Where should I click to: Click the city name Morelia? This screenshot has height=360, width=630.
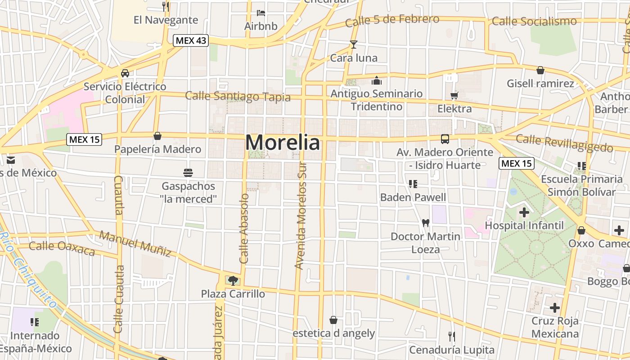pyautogui.click(x=283, y=143)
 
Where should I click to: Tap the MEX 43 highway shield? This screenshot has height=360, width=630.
pyautogui.click(x=191, y=40)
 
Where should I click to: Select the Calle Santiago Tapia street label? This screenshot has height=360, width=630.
pyautogui.click(x=238, y=96)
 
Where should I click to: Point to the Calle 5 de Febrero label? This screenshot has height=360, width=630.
pyautogui.click(x=392, y=20)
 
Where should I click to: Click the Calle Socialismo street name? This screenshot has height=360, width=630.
pyautogui.click(x=534, y=21)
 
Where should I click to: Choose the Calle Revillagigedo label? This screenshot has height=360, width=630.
pyautogui.click(x=564, y=143)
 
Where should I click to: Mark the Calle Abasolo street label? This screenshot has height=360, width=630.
pyautogui.click(x=244, y=229)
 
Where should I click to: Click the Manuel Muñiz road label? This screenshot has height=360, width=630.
pyautogui.click(x=135, y=243)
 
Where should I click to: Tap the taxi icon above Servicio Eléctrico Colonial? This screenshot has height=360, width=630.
pyautogui.click(x=125, y=73)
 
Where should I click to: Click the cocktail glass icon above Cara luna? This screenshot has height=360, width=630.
pyautogui.click(x=354, y=44)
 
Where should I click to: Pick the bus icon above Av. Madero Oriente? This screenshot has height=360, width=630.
pyautogui.click(x=445, y=139)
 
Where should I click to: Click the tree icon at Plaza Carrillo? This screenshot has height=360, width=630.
pyautogui.click(x=233, y=281)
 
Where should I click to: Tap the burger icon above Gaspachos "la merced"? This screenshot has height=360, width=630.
pyautogui.click(x=188, y=172)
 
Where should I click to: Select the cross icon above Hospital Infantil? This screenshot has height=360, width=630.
pyautogui.click(x=524, y=212)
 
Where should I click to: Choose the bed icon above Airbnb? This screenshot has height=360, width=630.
pyautogui.click(x=261, y=13)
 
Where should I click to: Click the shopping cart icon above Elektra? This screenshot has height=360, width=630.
pyautogui.click(x=454, y=95)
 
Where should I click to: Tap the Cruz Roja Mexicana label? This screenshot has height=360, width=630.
pyautogui.click(x=555, y=327)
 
